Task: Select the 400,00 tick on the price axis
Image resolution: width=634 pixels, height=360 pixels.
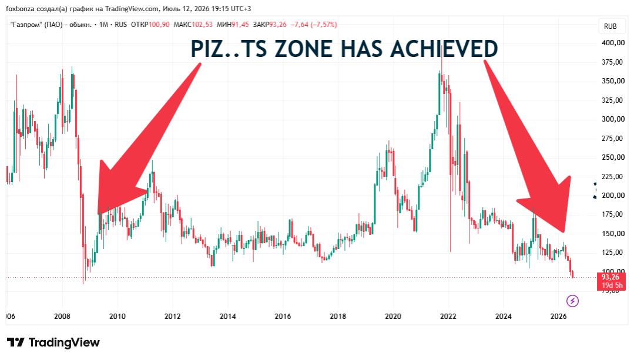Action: pos(613,43)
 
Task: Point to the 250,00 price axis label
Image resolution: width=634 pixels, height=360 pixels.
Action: pos(613,157)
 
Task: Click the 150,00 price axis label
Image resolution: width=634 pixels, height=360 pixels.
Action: pos(613,234)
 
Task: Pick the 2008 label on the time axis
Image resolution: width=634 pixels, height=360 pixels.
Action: pos(62,316)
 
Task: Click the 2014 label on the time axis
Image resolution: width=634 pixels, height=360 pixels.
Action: pos(227,316)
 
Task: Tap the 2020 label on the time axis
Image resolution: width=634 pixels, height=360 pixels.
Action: pos(393,316)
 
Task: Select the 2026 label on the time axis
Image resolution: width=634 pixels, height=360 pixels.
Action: pos(558,316)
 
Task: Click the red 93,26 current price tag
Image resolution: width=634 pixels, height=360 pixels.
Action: pos(611,281)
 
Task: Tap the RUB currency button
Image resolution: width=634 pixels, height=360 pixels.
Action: pos(610,26)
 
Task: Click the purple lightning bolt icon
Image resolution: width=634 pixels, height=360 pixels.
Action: pos(572,301)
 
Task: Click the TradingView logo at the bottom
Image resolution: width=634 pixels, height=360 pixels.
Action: pos(53,342)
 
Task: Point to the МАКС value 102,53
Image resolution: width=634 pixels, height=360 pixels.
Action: pos(202,25)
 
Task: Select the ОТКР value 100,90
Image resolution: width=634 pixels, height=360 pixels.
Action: pos(159,25)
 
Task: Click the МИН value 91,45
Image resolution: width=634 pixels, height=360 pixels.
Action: pos(240,25)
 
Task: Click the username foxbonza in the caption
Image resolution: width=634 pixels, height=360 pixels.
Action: pos(19,8)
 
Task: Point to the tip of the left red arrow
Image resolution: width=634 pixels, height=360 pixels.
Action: pos(98,214)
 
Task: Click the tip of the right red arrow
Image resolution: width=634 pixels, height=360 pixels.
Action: pos(563,233)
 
